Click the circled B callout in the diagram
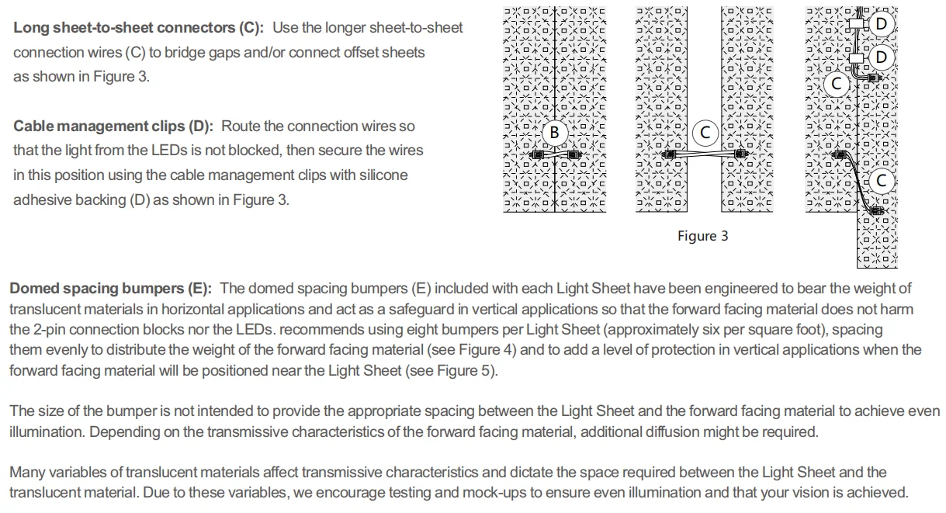click(x=554, y=133)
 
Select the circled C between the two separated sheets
click(x=705, y=133)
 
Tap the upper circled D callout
click(x=881, y=24)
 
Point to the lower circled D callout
click(x=881, y=57)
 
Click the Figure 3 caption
click(x=702, y=236)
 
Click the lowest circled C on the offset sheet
click(x=881, y=181)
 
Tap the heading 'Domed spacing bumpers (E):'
click(x=109, y=289)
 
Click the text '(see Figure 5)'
click(x=451, y=370)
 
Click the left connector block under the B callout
click(x=535, y=155)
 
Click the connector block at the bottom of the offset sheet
click(x=878, y=210)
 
